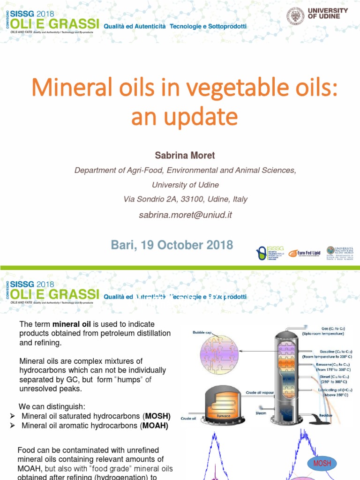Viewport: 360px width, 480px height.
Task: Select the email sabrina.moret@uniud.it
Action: click(185, 215)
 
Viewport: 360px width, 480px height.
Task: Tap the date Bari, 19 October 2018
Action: click(172, 245)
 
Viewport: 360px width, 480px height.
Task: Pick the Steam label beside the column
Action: click(261, 413)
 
